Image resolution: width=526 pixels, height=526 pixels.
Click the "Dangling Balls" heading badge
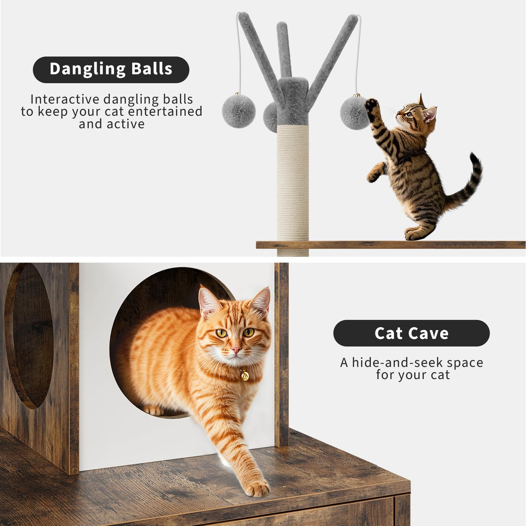[x=111, y=69]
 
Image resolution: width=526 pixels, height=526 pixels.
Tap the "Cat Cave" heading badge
[x=411, y=333]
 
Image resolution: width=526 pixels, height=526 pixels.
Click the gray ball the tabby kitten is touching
[x=354, y=113]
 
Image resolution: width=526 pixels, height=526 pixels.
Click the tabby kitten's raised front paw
[x=371, y=105]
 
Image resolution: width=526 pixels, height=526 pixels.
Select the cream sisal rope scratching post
[x=293, y=182]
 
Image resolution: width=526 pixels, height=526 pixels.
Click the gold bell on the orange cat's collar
[x=244, y=375]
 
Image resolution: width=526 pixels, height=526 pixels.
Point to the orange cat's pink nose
[x=236, y=349]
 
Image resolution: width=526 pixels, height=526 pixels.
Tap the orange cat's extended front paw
[x=257, y=488]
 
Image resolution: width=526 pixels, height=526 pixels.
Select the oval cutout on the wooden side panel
[x=29, y=335]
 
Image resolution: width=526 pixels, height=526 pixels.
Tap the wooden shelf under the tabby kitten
[x=390, y=245]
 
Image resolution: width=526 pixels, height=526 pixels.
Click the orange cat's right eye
[x=221, y=333]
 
